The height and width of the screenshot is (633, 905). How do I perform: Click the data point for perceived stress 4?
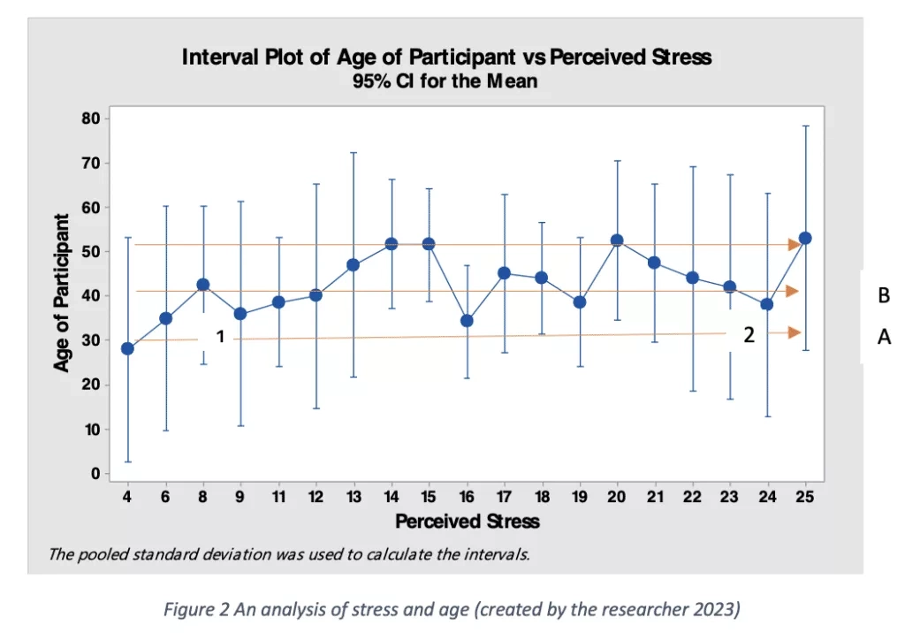(x=127, y=348)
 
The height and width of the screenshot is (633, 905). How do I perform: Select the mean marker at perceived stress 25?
(x=805, y=238)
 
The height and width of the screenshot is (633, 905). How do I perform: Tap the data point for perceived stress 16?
(x=467, y=320)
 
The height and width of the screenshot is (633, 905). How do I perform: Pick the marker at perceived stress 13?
(x=354, y=264)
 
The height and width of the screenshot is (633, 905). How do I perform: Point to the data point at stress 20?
(x=617, y=240)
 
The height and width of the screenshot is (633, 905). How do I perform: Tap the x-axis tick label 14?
(x=391, y=498)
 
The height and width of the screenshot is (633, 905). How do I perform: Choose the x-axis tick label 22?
(x=692, y=498)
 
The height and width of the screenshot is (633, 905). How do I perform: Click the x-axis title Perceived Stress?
(x=467, y=521)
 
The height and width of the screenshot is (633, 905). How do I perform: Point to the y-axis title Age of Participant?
(x=62, y=294)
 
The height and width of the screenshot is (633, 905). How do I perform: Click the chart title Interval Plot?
(x=445, y=58)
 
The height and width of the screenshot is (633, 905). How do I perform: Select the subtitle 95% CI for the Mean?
(x=445, y=81)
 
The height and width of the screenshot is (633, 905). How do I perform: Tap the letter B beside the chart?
(x=883, y=296)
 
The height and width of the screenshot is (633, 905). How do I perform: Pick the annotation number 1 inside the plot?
(x=221, y=336)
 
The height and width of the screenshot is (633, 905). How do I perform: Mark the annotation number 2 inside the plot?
(x=749, y=334)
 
